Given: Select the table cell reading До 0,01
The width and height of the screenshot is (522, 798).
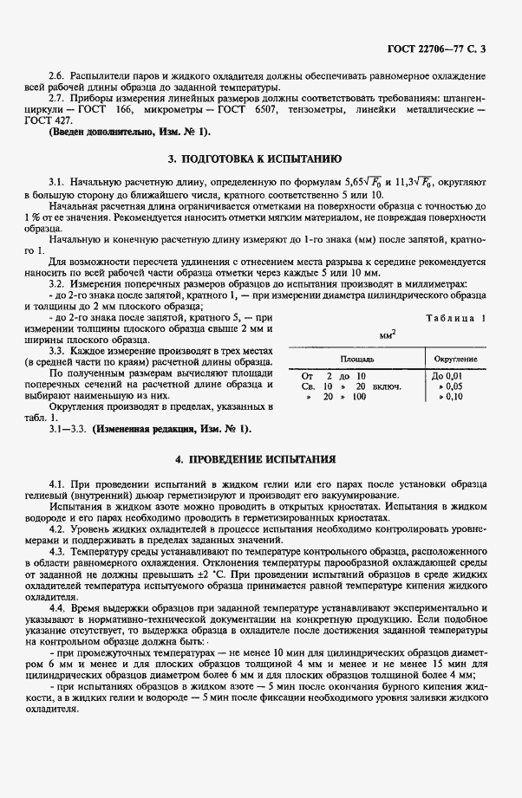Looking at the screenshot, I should coord(449,375).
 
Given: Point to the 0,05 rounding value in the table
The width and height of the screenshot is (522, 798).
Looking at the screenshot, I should coord(453,386).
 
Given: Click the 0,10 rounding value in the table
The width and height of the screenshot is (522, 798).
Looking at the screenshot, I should coord(453,396).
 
